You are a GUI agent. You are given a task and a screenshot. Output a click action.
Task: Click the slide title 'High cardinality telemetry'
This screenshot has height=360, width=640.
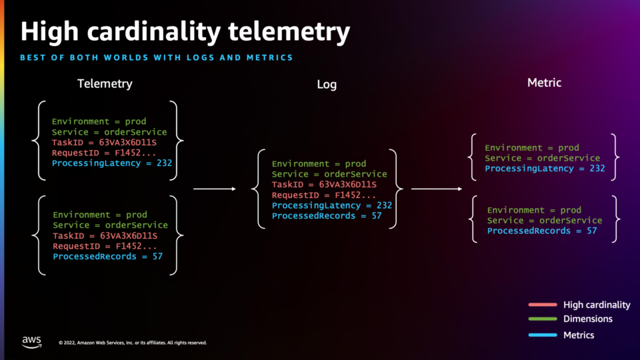tap(185, 32)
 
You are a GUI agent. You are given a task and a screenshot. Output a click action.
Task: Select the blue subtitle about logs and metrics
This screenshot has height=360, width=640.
tap(156, 57)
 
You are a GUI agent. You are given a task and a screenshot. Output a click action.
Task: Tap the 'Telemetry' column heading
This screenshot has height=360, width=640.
tap(105, 84)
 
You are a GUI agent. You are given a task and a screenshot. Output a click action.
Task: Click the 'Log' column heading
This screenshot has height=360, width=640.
tap(327, 84)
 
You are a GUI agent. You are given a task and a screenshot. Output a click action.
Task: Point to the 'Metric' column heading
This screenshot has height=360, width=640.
tap(544, 83)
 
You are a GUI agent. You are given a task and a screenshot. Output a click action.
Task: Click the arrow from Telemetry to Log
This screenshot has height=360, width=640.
tap(215, 189)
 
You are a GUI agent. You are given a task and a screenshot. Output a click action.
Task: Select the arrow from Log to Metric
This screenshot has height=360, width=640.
tap(437, 189)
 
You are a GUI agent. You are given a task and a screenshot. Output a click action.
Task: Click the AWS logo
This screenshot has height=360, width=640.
tap(32, 342)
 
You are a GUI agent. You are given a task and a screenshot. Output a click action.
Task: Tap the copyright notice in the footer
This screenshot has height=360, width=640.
tap(133, 343)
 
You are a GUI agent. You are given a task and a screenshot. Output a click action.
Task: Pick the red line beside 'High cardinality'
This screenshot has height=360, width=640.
tap(543, 305)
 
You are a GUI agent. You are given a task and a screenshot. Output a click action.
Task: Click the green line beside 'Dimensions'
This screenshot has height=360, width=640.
tap(543, 319)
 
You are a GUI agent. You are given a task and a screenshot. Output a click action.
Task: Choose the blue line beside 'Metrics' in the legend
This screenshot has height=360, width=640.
tap(543, 335)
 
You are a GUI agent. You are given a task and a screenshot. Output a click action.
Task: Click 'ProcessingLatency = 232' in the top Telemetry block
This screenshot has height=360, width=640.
tap(112, 163)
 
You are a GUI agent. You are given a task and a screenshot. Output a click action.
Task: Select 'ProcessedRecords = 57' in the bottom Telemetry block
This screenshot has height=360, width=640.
tap(108, 257)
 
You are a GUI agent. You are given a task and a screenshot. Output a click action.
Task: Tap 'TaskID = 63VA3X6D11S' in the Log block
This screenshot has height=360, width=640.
tap(324, 185)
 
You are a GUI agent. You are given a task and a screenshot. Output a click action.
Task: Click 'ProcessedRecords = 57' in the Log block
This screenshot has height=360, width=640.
tap(327, 216)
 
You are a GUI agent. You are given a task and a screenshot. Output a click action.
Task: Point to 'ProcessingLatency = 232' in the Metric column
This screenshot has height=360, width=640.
tap(545, 169)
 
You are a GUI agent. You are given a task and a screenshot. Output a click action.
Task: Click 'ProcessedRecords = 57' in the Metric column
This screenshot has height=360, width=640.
tap(542, 231)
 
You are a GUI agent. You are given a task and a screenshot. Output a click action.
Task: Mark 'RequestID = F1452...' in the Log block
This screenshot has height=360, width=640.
tap(324, 195)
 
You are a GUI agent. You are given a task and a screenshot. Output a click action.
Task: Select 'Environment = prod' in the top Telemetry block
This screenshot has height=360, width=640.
tap(99, 121)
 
